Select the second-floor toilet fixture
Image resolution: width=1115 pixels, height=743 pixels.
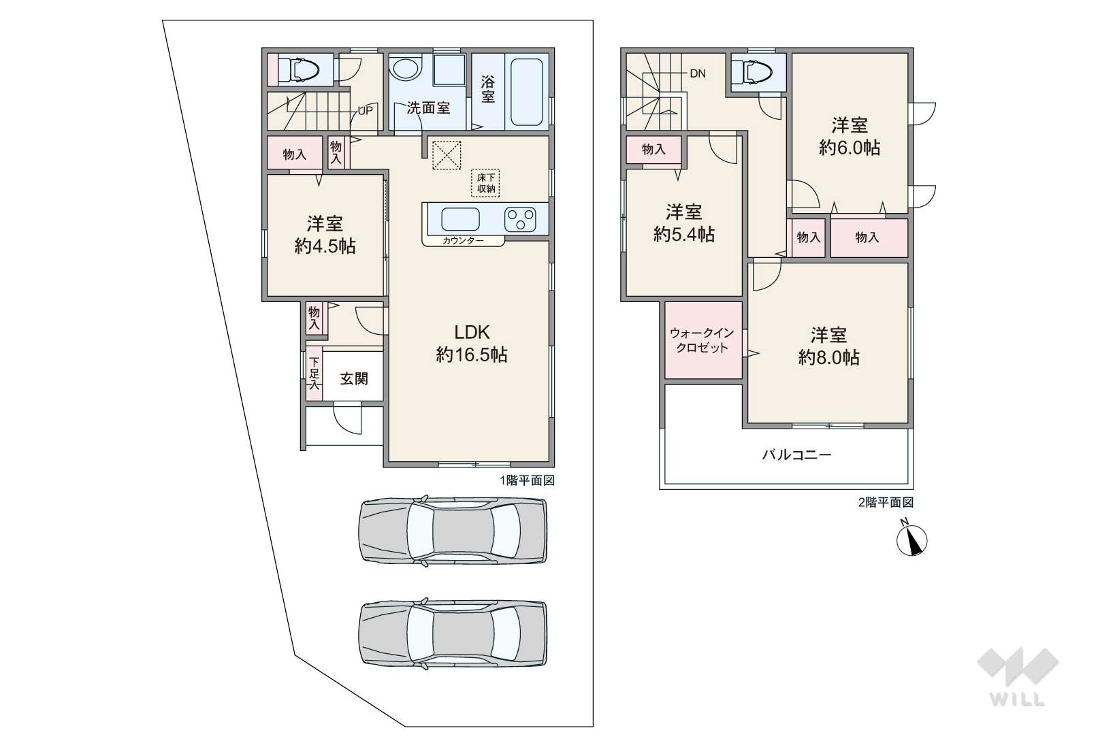point(757,71)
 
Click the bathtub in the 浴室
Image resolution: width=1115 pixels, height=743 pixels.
point(527,91)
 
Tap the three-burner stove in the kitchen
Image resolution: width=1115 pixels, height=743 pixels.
point(520,219)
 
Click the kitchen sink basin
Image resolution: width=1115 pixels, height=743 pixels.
point(460,219)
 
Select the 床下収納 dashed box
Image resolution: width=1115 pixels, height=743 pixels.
point(485,182)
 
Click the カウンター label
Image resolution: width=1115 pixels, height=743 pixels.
point(463,241)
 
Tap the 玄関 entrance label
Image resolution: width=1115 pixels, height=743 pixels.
point(354,379)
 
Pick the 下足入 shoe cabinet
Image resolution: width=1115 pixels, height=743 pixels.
point(314,374)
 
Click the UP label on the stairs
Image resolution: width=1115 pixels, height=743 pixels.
point(365,110)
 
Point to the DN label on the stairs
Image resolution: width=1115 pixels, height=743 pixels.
point(697,73)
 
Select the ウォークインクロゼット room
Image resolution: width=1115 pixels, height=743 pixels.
point(703,340)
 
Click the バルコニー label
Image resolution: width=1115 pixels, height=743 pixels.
point(796,455)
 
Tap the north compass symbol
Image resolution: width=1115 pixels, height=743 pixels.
point(911,540)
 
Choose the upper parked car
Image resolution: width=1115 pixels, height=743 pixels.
point(453,530)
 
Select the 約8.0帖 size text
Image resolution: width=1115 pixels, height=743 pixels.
point(829,357)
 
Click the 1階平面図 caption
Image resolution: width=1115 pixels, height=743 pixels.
point(527,480)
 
